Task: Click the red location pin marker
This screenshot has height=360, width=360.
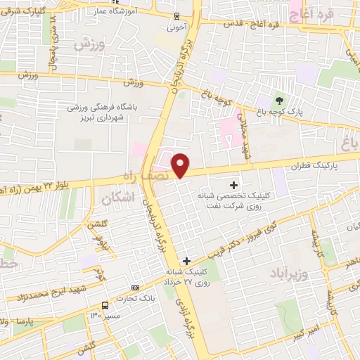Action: (181, 165)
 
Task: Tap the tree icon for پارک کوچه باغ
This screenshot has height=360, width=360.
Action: (279, 101)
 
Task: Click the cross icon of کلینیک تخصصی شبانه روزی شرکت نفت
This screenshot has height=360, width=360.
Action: (233, 184)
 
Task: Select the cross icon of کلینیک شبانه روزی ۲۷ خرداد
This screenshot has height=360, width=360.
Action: (186, 260)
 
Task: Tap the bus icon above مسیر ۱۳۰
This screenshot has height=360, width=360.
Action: (105, 305)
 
